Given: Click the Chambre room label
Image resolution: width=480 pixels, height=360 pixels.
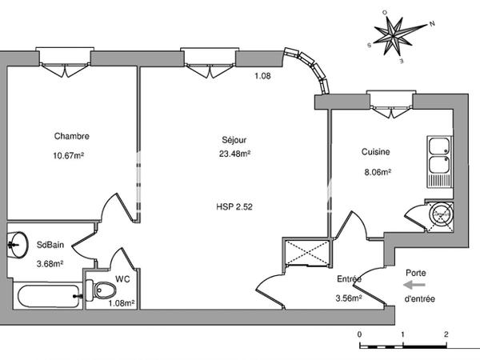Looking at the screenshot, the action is click(x=72, y=136).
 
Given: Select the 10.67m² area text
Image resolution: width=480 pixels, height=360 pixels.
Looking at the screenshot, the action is click(x=69, y=155).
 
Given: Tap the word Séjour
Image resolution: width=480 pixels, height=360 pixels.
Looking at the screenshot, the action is click(x=234, y=140).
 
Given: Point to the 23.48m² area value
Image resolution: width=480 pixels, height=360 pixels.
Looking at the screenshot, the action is click(x=234, y=154).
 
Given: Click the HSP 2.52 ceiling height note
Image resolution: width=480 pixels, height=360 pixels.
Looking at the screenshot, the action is click(x=234, y=207).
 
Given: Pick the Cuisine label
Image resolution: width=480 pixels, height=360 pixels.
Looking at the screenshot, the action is click(x=376, y=151).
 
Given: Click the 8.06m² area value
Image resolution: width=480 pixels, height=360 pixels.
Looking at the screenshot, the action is click(x=378, y=172).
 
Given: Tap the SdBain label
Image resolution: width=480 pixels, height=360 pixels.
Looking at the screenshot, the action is click(x=50, y=245).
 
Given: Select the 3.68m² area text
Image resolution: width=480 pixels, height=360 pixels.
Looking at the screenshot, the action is click(x=50, y=263).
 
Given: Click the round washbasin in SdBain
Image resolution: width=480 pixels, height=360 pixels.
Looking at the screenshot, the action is click(x=17, y=245).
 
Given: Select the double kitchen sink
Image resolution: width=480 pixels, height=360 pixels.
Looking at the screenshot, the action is click(x=439, y=162).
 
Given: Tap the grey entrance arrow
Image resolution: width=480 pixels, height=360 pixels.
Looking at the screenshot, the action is click(x=414, y=286).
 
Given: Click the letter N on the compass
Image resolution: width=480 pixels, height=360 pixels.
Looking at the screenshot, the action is click(x=432, y=24).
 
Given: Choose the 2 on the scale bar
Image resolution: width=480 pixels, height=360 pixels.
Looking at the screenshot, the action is click(x=446, y=334).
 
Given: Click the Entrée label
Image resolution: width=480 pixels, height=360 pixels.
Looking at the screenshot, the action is click(x=349, y=279).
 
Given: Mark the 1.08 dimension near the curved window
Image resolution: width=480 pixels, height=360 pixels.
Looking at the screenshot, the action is click(x=262, y=76).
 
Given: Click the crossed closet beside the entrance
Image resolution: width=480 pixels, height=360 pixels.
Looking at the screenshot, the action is click(x=307, y=252).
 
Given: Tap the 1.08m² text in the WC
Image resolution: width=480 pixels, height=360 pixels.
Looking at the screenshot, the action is click(x=122, y=303).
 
